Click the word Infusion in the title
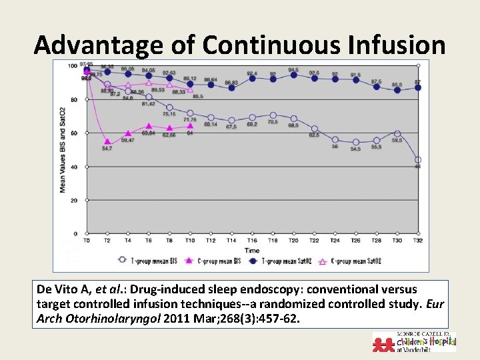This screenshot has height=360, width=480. tap(403, 45)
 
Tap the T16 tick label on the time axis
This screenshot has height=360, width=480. tap(252, 241)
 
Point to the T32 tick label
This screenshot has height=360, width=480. tap(417, 241)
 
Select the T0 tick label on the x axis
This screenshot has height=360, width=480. tap(87, 241)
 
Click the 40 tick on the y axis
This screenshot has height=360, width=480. tap(74, 167)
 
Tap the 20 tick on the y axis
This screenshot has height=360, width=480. tap(74, 200)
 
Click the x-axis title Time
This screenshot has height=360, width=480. tap(252, 249)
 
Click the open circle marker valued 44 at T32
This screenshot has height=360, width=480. tap(417, 159)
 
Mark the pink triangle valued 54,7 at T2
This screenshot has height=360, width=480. tap(107, 141)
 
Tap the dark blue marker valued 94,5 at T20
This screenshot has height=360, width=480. tap(293, 76)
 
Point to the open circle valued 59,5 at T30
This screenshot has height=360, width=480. tap(397, 134)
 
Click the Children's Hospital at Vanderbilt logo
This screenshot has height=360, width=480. tap(415, 342)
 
